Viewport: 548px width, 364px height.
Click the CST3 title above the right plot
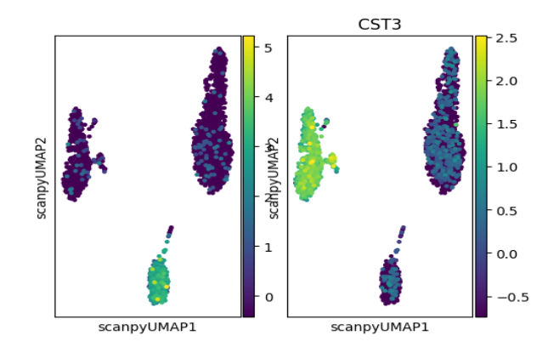pyautogui.click(x=379, y=25)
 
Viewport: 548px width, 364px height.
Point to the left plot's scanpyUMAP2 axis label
pyautogui.click(x=42, y=177)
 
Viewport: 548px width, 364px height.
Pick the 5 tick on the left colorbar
pyautogui.click(x=268, y=48)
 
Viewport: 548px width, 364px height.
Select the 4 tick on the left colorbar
pyautogui.click(x=268, y=98)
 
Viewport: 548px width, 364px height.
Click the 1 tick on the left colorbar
pyautogui.click(x=268, y=247)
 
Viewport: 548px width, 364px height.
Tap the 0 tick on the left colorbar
pyautogui.click(x=268, y=297)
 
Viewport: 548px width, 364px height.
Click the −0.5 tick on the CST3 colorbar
pyautogui.click(x=503, y=297)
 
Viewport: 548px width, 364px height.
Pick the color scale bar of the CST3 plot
pyautogui.click(x=481, y=177)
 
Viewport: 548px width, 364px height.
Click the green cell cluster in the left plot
pyautogui.click(x=159, y=282)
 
